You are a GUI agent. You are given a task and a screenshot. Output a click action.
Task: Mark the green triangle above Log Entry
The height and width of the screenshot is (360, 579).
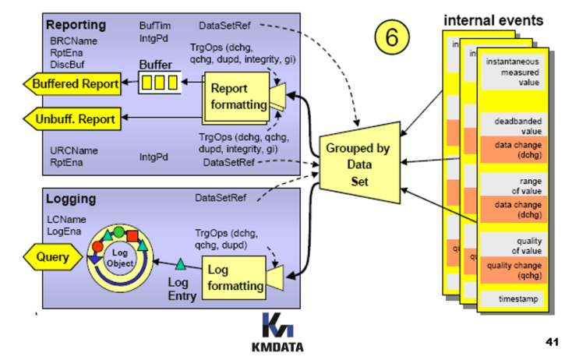tap(180, 264)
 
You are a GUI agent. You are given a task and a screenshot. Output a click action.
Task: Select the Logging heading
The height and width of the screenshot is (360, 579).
tap(71, 199)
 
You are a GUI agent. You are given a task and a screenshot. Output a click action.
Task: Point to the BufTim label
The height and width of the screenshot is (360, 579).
tap(156, 25)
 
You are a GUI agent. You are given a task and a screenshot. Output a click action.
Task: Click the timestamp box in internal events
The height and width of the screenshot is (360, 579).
tap(512, 298)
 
